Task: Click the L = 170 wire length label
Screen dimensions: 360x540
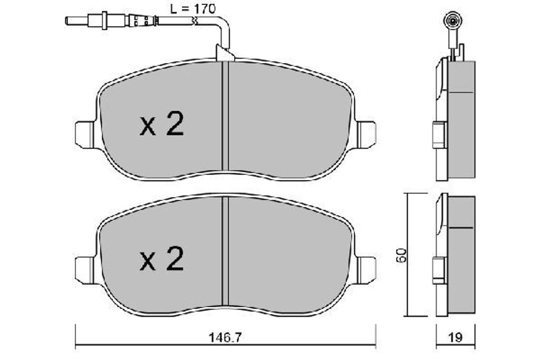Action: click(192, 8)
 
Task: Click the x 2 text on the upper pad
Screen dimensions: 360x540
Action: click(162, 125)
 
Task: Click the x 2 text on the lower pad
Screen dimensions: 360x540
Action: click(162, 260)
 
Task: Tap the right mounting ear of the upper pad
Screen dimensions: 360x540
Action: click(366, 134)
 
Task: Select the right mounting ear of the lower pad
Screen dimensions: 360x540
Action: click(366, 269)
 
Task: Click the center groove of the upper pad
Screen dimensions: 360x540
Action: click(225, 116)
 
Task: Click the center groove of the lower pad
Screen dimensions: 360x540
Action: click(225, 250)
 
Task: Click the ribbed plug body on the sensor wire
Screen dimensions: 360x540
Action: click(142, 21)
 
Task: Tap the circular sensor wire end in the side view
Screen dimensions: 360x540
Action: click(452, 21)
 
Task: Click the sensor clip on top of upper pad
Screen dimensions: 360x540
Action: click(225, 53)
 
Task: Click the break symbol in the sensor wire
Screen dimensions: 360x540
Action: click(196, 22)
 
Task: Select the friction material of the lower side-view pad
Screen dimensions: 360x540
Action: click(461, 258)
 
